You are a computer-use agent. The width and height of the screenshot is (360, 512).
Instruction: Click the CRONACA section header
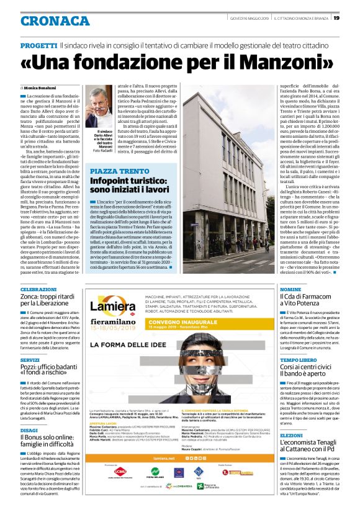[x=55, y=20]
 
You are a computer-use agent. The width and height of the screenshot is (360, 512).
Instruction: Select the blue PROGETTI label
[x=41, y=47]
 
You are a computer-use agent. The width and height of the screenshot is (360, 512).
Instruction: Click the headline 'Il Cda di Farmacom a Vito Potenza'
[x=308, y=302]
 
